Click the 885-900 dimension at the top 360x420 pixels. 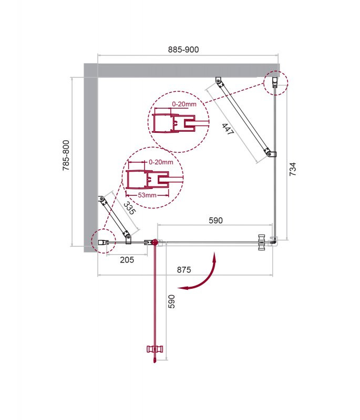[x=183, y=49]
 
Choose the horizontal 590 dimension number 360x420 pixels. [x=216, y=220]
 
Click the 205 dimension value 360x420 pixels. [x=127, y=259]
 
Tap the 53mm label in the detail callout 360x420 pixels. [x=148, y=195]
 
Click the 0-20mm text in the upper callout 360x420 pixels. [x=184, y=104]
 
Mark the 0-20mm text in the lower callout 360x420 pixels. [x=160, y=162]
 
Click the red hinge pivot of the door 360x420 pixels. [x=154, y=242]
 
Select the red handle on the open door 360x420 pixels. [x=154, y=349]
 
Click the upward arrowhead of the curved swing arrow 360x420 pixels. [x=214, y=256]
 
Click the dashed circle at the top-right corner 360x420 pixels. [x=275, y=82]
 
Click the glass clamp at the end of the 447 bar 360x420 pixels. [x=271, y=154]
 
